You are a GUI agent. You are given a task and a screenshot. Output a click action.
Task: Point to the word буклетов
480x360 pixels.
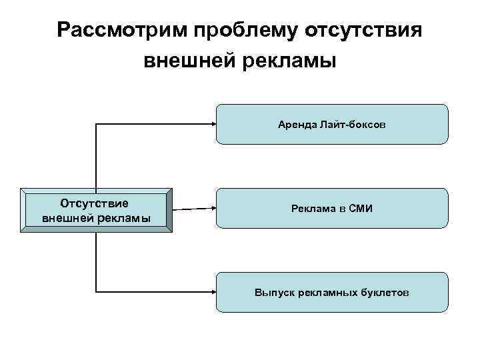point(386,293)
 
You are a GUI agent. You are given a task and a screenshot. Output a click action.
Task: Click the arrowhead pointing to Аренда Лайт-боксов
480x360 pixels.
point(211,124)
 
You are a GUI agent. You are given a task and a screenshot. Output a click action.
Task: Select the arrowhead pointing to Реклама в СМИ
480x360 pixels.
point(211,208)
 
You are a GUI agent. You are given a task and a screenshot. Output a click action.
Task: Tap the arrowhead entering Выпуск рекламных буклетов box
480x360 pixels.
point(211,291)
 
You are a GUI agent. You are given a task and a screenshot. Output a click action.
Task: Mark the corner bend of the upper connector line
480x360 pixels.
point(97,124)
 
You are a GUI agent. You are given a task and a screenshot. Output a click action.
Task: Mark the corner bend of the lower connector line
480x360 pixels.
point(97,291)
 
